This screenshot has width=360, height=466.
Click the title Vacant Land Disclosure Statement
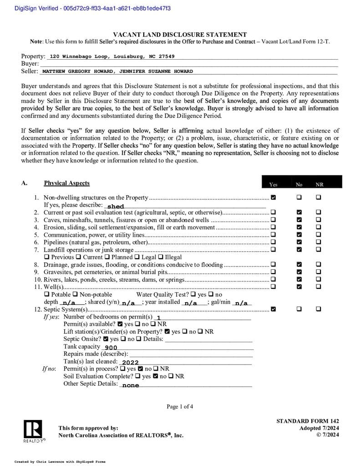180,35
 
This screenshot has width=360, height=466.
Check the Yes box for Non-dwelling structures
273,198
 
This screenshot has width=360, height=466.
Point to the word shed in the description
116,206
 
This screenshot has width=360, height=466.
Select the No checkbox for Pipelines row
299,242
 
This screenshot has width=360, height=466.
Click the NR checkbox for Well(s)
318,287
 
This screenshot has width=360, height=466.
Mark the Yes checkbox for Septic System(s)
273,309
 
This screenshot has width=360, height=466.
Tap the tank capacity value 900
111,348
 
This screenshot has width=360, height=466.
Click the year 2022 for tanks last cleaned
130,363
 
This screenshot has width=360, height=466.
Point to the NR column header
319,185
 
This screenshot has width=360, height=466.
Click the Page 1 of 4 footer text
180,406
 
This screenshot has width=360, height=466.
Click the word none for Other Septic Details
131,385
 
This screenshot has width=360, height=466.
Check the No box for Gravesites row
299,272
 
